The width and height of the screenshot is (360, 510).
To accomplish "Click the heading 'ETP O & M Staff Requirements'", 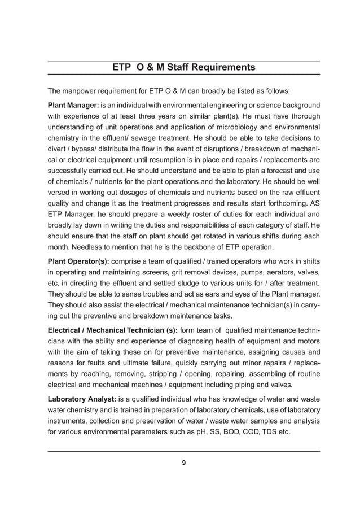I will (183, 68).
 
